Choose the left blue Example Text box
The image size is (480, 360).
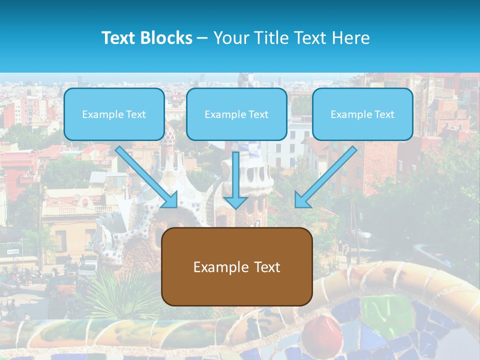pyautogui.click(x=114, y=114)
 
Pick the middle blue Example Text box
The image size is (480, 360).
pyautogui.click(x=236, y=114)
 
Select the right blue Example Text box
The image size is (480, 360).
pyautogui.click(x=362, y=114)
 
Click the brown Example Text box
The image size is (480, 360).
pyautogui.click(x=237, y=266)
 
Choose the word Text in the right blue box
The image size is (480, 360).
pyautogui.click(x=384, y=114)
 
